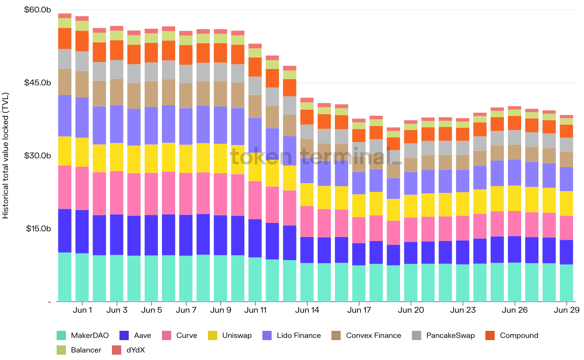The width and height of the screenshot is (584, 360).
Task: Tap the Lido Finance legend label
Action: [x=298, y=335]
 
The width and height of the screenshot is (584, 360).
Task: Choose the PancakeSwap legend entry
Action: [x=450, y=335]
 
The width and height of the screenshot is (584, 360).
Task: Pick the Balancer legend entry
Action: [x=86, y=350]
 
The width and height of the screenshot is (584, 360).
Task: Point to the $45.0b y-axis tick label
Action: [x=38, y=83]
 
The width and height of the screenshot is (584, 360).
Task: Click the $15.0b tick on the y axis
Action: [x=38, y=229]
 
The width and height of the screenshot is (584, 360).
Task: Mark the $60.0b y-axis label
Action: [x=38, y=10]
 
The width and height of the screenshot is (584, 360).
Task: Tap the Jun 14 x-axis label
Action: [x=307, y=310]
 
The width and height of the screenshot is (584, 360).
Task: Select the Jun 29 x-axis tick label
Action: [x=567, y=310]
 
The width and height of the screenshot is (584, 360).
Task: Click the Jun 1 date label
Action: [x=82, y=310]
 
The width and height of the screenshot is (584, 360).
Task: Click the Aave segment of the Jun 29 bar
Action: [x=567, y=252]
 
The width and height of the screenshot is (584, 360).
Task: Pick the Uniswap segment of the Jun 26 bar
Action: [x=515, y=198]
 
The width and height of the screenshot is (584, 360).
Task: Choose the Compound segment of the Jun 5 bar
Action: [x=151, y=52]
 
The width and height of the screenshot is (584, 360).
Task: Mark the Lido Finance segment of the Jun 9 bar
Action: [x=220, y=125]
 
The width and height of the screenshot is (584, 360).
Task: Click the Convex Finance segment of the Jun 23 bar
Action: [x=463, y=162]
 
